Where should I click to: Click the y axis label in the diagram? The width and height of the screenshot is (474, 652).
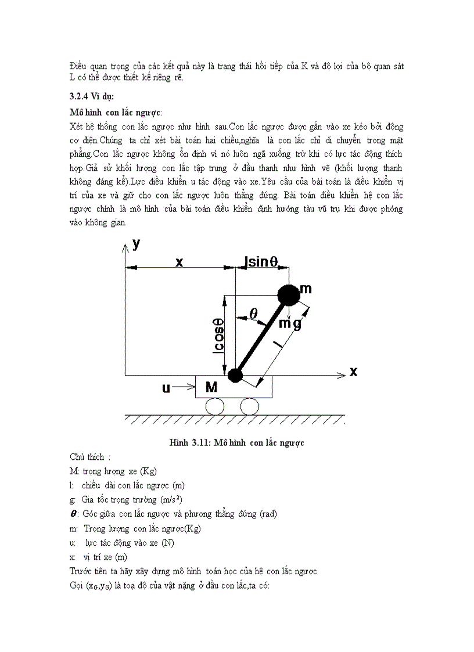point(136,244)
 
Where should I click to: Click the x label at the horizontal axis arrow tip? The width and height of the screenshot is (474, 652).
point(353,372)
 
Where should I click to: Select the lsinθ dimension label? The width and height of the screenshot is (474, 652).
point(265,261)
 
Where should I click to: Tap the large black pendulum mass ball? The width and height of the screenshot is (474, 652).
point(289,295)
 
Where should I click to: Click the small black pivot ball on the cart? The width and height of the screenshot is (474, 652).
point(235,376)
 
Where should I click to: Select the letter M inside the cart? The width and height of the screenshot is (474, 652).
point(211,387)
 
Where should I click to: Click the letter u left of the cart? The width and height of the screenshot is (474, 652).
point(166,387)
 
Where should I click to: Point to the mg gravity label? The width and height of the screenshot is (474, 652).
point(289,323)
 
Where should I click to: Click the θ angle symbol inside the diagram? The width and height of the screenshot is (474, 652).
point(253,312)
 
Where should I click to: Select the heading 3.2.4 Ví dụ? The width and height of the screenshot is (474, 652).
point(92,96)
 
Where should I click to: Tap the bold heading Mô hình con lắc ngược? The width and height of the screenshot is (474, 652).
point(116,111)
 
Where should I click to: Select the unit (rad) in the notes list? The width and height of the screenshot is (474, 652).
point(268,514)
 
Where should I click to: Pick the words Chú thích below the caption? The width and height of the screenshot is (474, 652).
point(90,457)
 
